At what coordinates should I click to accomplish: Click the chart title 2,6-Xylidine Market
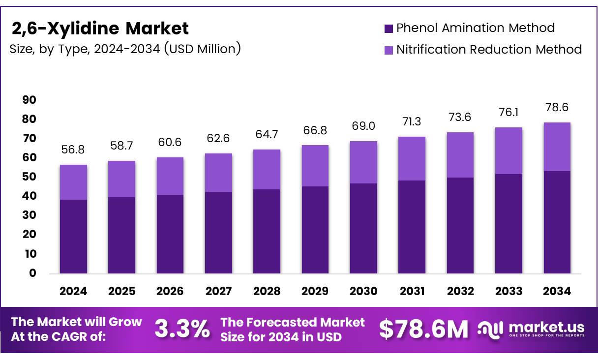point(100,29)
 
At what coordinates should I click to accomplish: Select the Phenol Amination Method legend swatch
point(389,29)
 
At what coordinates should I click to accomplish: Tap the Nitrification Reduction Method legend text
point(489,50)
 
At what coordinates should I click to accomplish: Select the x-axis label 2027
point(218,291)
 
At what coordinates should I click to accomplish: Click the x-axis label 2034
point(557,291)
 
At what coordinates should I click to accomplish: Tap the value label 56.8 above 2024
point(73,150)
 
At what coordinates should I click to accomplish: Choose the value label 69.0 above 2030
point(363,126)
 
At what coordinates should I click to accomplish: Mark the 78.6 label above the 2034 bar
point(557,107)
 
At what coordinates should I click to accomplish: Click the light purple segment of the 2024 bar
point(73,182)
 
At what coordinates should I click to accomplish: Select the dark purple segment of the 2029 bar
point(315,230)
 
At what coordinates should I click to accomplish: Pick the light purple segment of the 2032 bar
point(460,155)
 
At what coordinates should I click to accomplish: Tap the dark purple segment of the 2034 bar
point(557,222)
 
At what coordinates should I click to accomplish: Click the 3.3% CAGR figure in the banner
point(182,330)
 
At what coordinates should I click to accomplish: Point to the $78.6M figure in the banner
point(423,330)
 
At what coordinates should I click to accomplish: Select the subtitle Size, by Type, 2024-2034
point(125,49)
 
